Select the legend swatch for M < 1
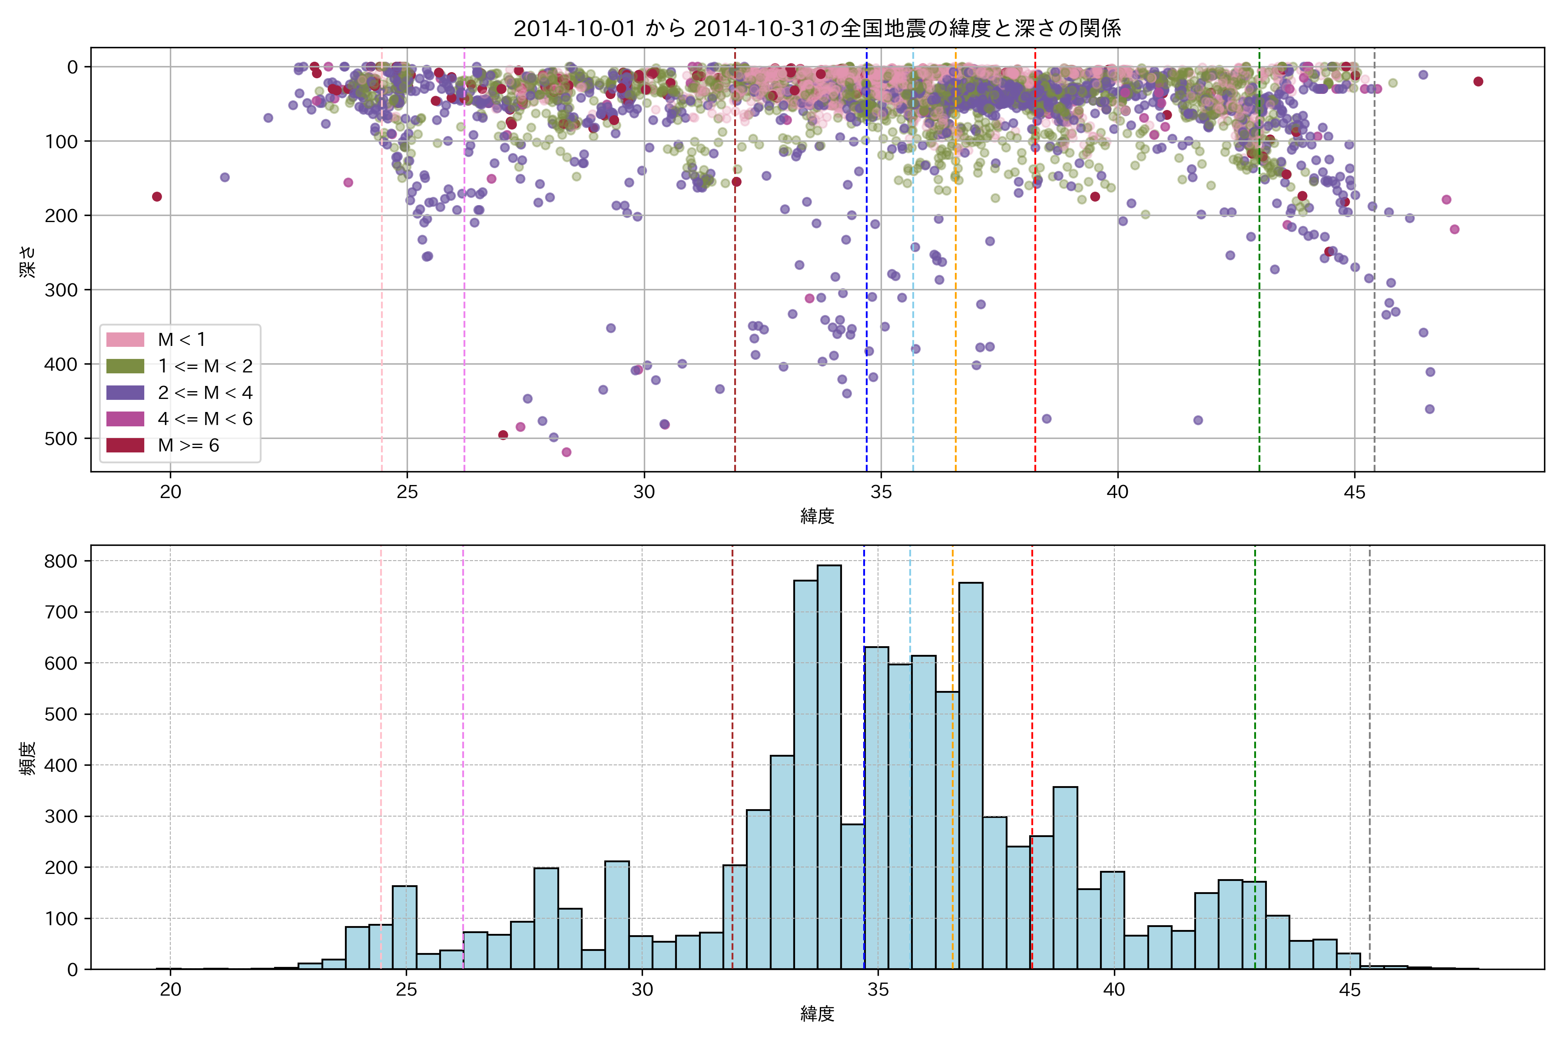pos(125,339)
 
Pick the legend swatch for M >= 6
pos(125,445)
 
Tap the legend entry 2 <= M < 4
pos(205,392)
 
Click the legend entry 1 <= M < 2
pos(205,366)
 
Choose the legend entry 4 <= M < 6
pos(205,419)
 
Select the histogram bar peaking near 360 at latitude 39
pos(1065,878)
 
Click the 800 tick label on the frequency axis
pos(61,561)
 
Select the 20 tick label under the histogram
pos(170,990)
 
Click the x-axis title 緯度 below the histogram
pos(817,1014)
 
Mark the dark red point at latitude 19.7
pos(157,196)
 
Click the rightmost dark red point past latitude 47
pos(1478,81)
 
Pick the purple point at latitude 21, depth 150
pos(225,177)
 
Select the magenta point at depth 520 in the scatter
pos(567,452)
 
